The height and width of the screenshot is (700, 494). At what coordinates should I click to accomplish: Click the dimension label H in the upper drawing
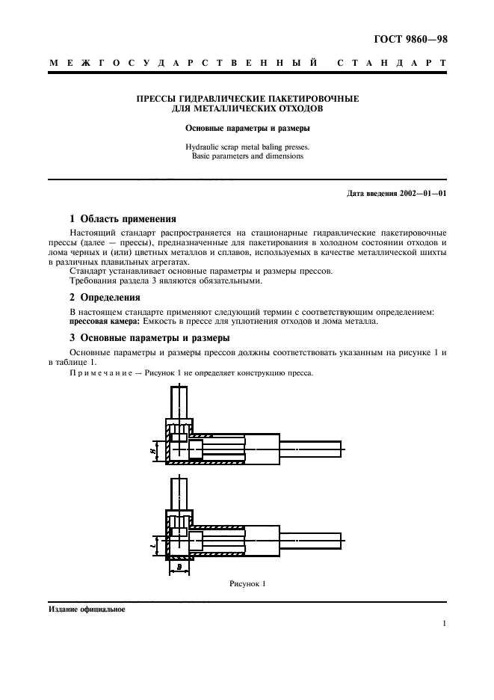(x=152, y=451)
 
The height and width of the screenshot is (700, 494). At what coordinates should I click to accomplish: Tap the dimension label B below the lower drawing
(x=180, y=568)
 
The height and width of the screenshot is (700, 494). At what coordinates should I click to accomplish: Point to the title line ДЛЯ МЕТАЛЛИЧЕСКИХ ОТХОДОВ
(x=247, y=108)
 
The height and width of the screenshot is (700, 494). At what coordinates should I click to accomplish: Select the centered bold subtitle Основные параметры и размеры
(x=247, y=128)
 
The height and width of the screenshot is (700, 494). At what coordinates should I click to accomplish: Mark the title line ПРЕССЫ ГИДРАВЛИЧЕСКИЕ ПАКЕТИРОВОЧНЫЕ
(x=247, y=99)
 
